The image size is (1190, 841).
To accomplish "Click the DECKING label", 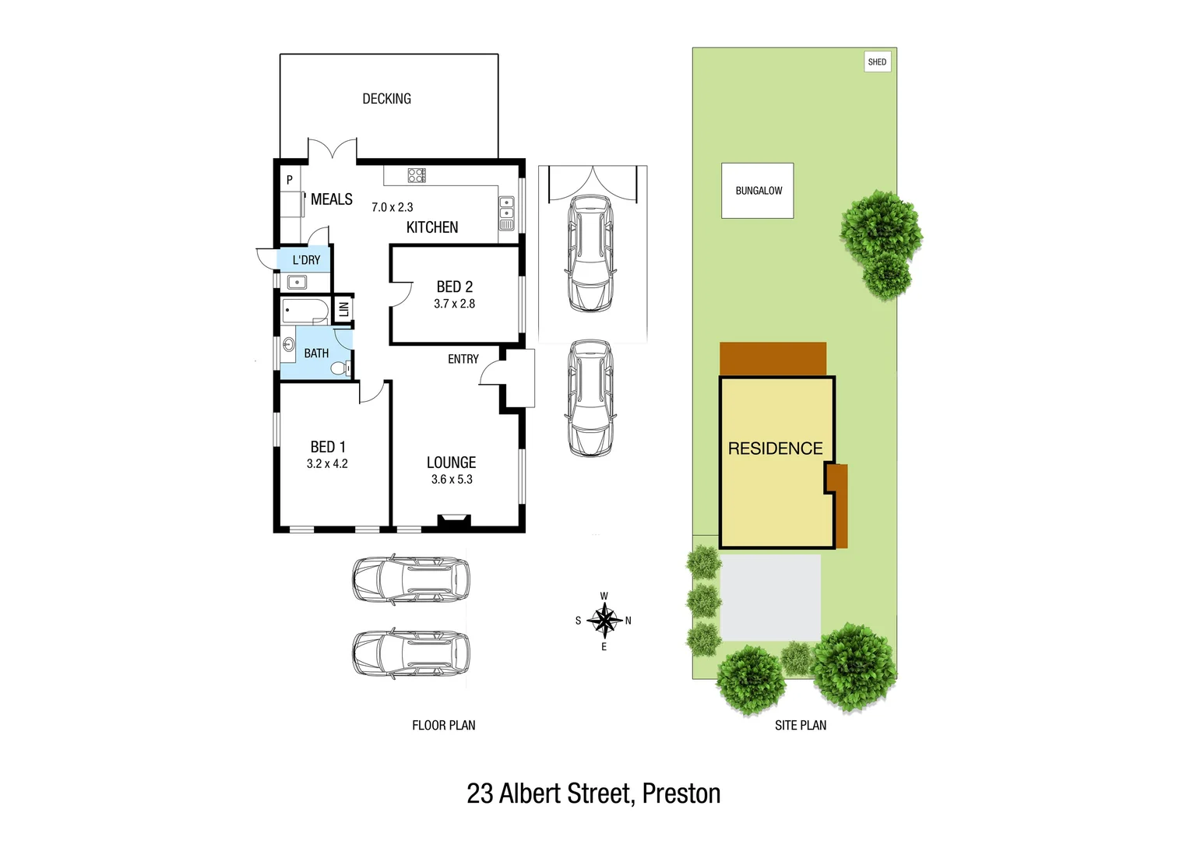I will [386, 99].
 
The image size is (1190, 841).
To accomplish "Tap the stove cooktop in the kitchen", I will [417, 175].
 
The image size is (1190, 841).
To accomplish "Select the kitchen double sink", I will [506, 208].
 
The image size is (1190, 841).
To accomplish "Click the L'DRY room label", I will [306, 260].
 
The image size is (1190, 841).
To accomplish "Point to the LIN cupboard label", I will [343, 309].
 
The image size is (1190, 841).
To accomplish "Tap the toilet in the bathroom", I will [341, 368].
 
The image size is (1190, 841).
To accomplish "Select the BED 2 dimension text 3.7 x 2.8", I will [454, 304].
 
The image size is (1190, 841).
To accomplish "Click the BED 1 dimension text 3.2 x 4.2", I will [327, 464].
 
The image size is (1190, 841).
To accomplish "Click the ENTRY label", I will [463, 359].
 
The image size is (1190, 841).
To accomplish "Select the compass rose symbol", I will [604, 621].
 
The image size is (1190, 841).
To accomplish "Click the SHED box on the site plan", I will [877, 62].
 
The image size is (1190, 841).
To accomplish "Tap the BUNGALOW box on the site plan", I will [758, 191].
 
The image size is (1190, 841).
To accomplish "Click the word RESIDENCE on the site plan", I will [775, 449].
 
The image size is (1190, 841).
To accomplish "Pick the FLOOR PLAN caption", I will [443, 725].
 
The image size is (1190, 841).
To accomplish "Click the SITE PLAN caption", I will [800, 725].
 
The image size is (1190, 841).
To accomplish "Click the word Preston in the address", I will [681, 793].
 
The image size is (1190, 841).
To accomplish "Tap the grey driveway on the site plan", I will [770, 596].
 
